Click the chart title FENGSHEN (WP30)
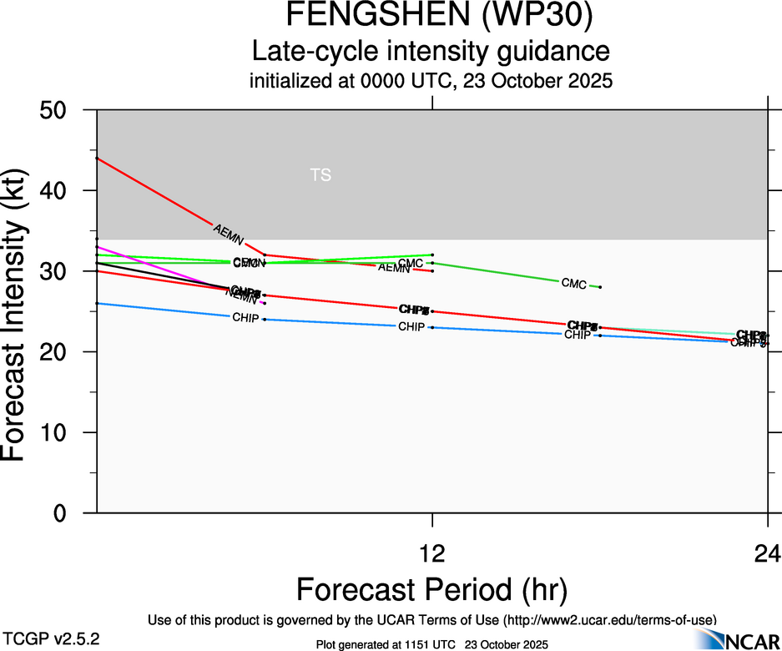point(431,16)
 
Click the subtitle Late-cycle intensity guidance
point(431,52)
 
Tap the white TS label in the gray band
point(320,175)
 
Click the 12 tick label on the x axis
point(432,553)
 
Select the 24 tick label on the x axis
point(767,553)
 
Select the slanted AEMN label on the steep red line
point(229,235)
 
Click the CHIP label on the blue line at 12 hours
point(411,327)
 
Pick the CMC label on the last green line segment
point(573,284)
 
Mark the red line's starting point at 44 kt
point(98,158)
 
